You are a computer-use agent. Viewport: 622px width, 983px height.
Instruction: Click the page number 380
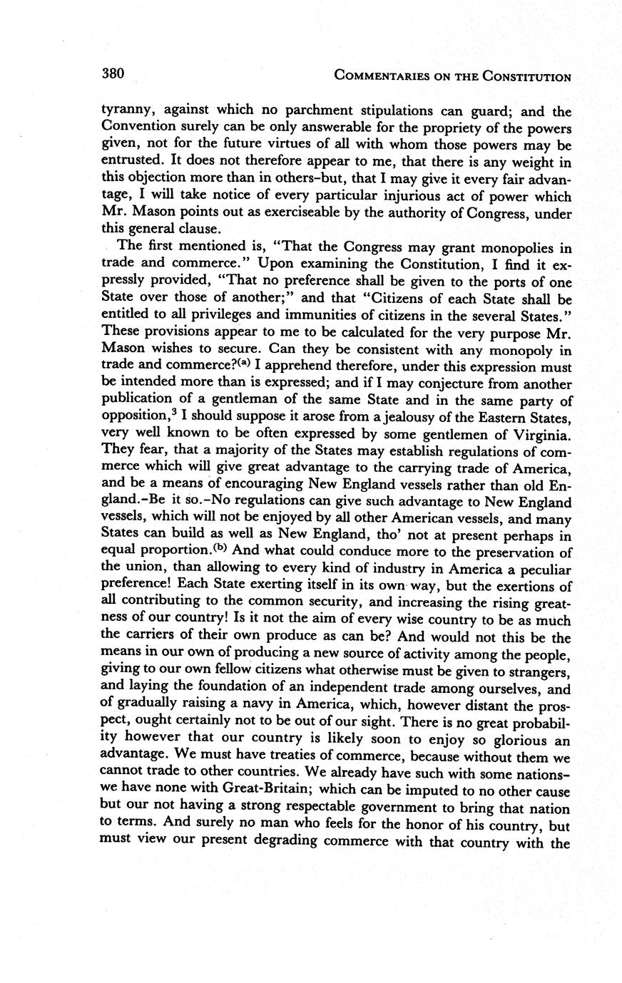[x=113, y=73]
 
